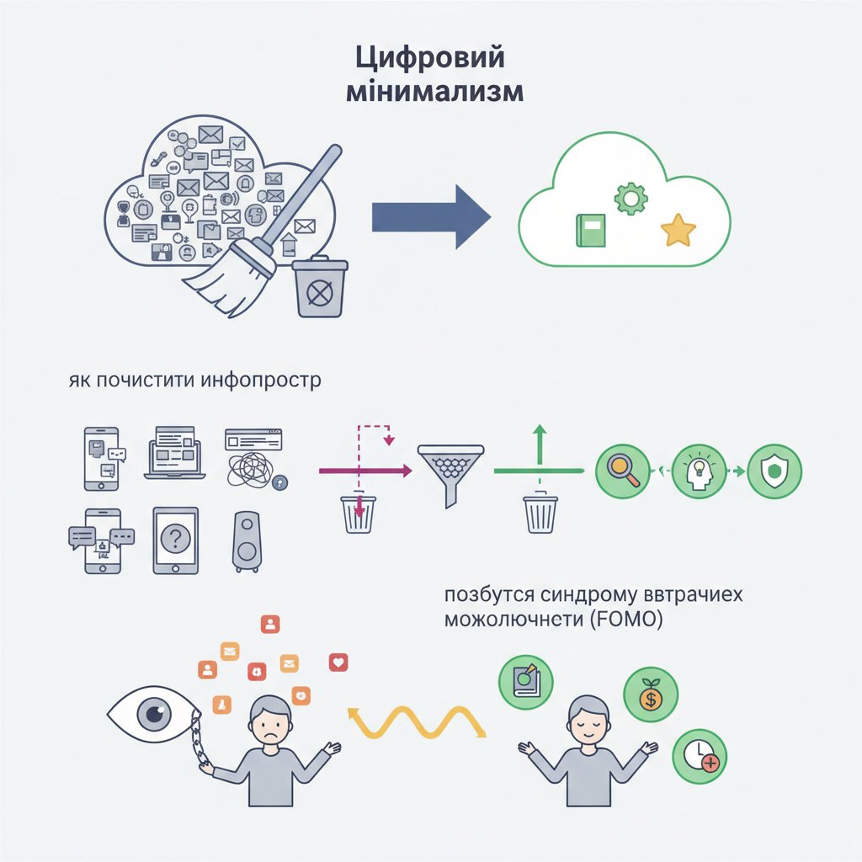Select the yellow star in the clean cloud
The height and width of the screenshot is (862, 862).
678,229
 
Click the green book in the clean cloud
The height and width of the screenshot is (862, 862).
590,230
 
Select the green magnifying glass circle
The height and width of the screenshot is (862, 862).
622,471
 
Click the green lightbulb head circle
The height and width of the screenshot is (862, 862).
698,471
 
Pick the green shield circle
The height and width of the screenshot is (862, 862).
774,471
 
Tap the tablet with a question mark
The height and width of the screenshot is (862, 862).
175,540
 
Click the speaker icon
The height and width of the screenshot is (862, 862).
246,540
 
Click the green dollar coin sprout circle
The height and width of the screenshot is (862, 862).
650,694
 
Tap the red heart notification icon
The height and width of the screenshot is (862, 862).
338,662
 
